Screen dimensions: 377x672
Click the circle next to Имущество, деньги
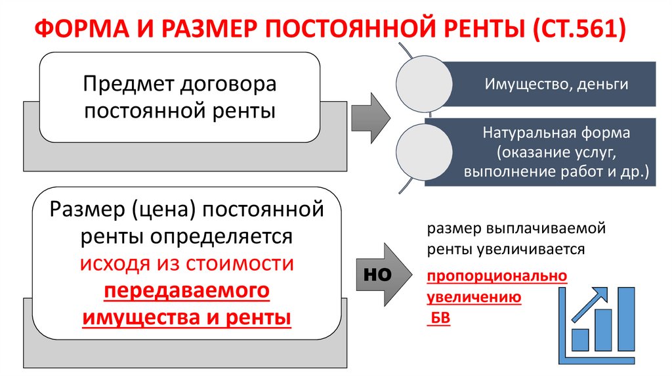pos(419,83)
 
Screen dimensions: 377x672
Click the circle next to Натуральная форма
pos(419,152)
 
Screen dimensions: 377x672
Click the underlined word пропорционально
pos(497,277)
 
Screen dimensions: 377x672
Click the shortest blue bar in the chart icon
pos(580,340)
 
